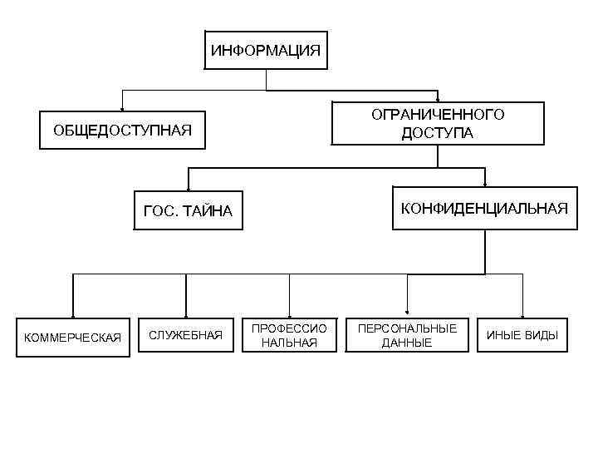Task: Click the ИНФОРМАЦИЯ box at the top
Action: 266,51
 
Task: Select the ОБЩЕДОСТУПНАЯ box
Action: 122,131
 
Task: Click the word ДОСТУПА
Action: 438,133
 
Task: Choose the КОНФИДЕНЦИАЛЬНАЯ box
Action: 484,208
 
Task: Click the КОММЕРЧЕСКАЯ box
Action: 73,337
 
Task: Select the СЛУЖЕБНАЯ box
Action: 185,335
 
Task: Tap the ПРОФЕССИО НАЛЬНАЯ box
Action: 289,335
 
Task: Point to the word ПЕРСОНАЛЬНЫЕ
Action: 407,328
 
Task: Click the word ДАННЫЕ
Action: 407,343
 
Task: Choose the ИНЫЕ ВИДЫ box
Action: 522,336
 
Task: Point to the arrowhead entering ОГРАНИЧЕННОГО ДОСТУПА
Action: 438,99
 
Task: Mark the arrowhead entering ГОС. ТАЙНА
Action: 189,189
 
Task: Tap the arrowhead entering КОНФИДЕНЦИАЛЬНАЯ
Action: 485,183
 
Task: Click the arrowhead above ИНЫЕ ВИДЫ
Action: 522,313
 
